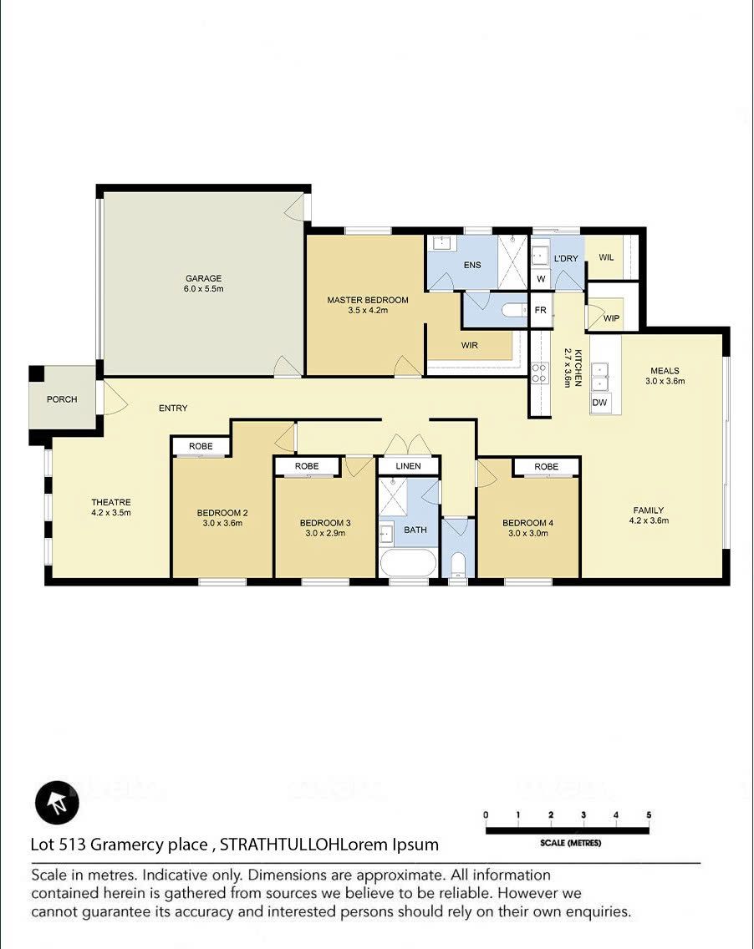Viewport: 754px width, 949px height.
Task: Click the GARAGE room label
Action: click(203, 278)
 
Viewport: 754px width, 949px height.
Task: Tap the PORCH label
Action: click(62, 399)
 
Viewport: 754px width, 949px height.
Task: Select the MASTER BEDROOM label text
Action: click(368, 300)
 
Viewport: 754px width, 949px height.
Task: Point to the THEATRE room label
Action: click(111, 502)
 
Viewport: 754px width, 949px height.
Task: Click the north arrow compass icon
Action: click(57, 803)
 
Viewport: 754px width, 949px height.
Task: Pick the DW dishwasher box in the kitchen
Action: click(599, 403)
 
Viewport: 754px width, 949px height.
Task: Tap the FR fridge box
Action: click(541, 311)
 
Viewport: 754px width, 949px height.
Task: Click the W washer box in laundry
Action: click(541, 279)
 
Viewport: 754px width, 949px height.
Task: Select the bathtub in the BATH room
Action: click(408, 563)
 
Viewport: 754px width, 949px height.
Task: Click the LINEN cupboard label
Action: click(408, 466)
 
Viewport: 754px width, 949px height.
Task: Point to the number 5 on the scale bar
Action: click(649, 815)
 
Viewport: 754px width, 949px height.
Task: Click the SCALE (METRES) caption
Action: click(570, 843)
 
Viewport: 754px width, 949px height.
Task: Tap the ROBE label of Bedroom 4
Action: click(546, 467)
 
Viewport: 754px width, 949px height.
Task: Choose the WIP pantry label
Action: click(612, 318)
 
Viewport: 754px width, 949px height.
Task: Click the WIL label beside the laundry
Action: click(606, 257)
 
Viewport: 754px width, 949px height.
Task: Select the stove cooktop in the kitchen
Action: click(539, 373)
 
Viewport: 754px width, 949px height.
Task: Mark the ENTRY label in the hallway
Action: click(173, 409)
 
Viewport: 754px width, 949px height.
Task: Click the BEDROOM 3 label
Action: click(325, 523)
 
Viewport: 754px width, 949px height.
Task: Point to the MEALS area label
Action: click(665, 370)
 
